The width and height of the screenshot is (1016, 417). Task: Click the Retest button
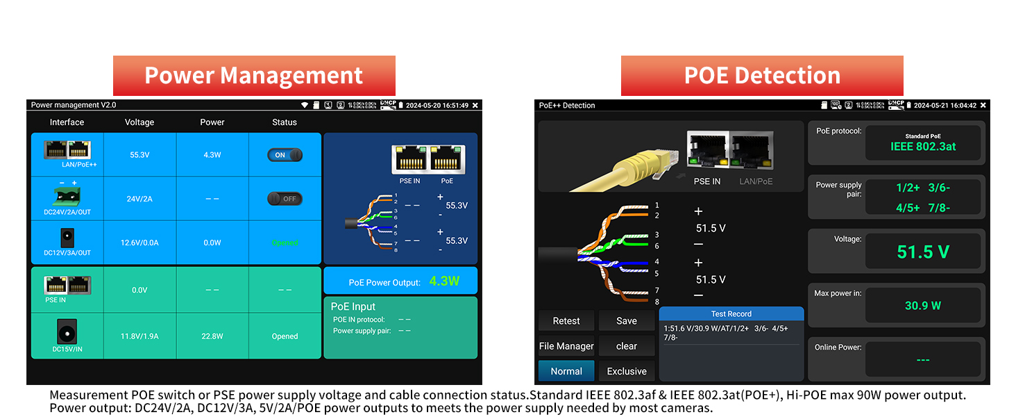pos(566,321)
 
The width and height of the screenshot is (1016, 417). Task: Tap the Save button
pos(626,321)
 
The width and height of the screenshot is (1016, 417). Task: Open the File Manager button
pos(566,346)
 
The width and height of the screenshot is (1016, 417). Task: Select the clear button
pos(626,346)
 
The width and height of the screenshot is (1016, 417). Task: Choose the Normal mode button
pos(566,371)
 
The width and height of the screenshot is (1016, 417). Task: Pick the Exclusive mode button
pos(626,371)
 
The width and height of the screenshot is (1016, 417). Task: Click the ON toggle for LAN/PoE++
pos(285,155)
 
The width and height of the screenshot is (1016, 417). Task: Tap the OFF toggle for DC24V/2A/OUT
pos(285,199)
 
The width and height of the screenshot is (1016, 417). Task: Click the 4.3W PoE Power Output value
pos(444,281)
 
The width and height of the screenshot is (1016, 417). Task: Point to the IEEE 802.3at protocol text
pos(923,147)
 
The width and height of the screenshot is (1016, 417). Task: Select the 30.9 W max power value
pos(923,305)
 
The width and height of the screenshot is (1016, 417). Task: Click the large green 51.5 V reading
pos(923,252)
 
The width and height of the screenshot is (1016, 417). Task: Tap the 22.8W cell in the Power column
pos(212,336)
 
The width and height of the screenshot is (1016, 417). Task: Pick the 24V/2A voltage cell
pos(139,199)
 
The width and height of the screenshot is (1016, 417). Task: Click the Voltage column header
pos(139,122)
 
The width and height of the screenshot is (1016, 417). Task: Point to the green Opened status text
pos(285,243)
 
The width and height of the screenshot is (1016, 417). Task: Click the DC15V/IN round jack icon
pos(67,331)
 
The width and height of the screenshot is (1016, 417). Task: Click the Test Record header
pos(731,314)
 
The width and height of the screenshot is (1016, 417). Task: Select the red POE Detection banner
pos(762,75)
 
